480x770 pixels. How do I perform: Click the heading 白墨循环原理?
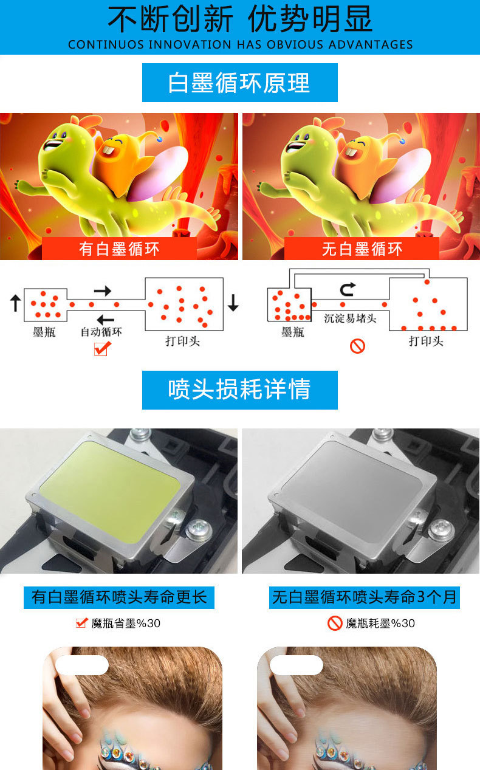point(239,83)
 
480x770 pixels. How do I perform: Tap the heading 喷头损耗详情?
point(239,390)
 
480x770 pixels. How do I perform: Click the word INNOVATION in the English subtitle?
point(190,45)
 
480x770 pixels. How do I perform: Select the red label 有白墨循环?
point(119,249)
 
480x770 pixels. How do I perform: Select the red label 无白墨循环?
point(362,249)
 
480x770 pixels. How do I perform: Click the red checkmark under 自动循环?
point(103,349)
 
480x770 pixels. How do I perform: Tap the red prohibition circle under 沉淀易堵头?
point(357,346)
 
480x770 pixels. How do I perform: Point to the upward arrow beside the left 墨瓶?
point(15,303)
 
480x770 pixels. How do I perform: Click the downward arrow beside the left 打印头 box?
point(233,303)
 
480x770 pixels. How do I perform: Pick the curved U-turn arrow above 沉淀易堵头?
point(347,289)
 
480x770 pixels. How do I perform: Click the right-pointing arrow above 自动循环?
point(103,291)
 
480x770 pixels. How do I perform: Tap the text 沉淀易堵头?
point(350,318)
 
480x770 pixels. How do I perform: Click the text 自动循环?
point(101,332)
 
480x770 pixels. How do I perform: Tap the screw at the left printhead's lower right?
point(198,529)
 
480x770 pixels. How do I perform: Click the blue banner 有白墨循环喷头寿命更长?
point(119,597)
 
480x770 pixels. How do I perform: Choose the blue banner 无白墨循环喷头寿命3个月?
point(364,597)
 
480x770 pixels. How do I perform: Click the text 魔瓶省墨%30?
point(126,623)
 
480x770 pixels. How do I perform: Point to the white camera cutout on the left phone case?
point(82,665)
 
